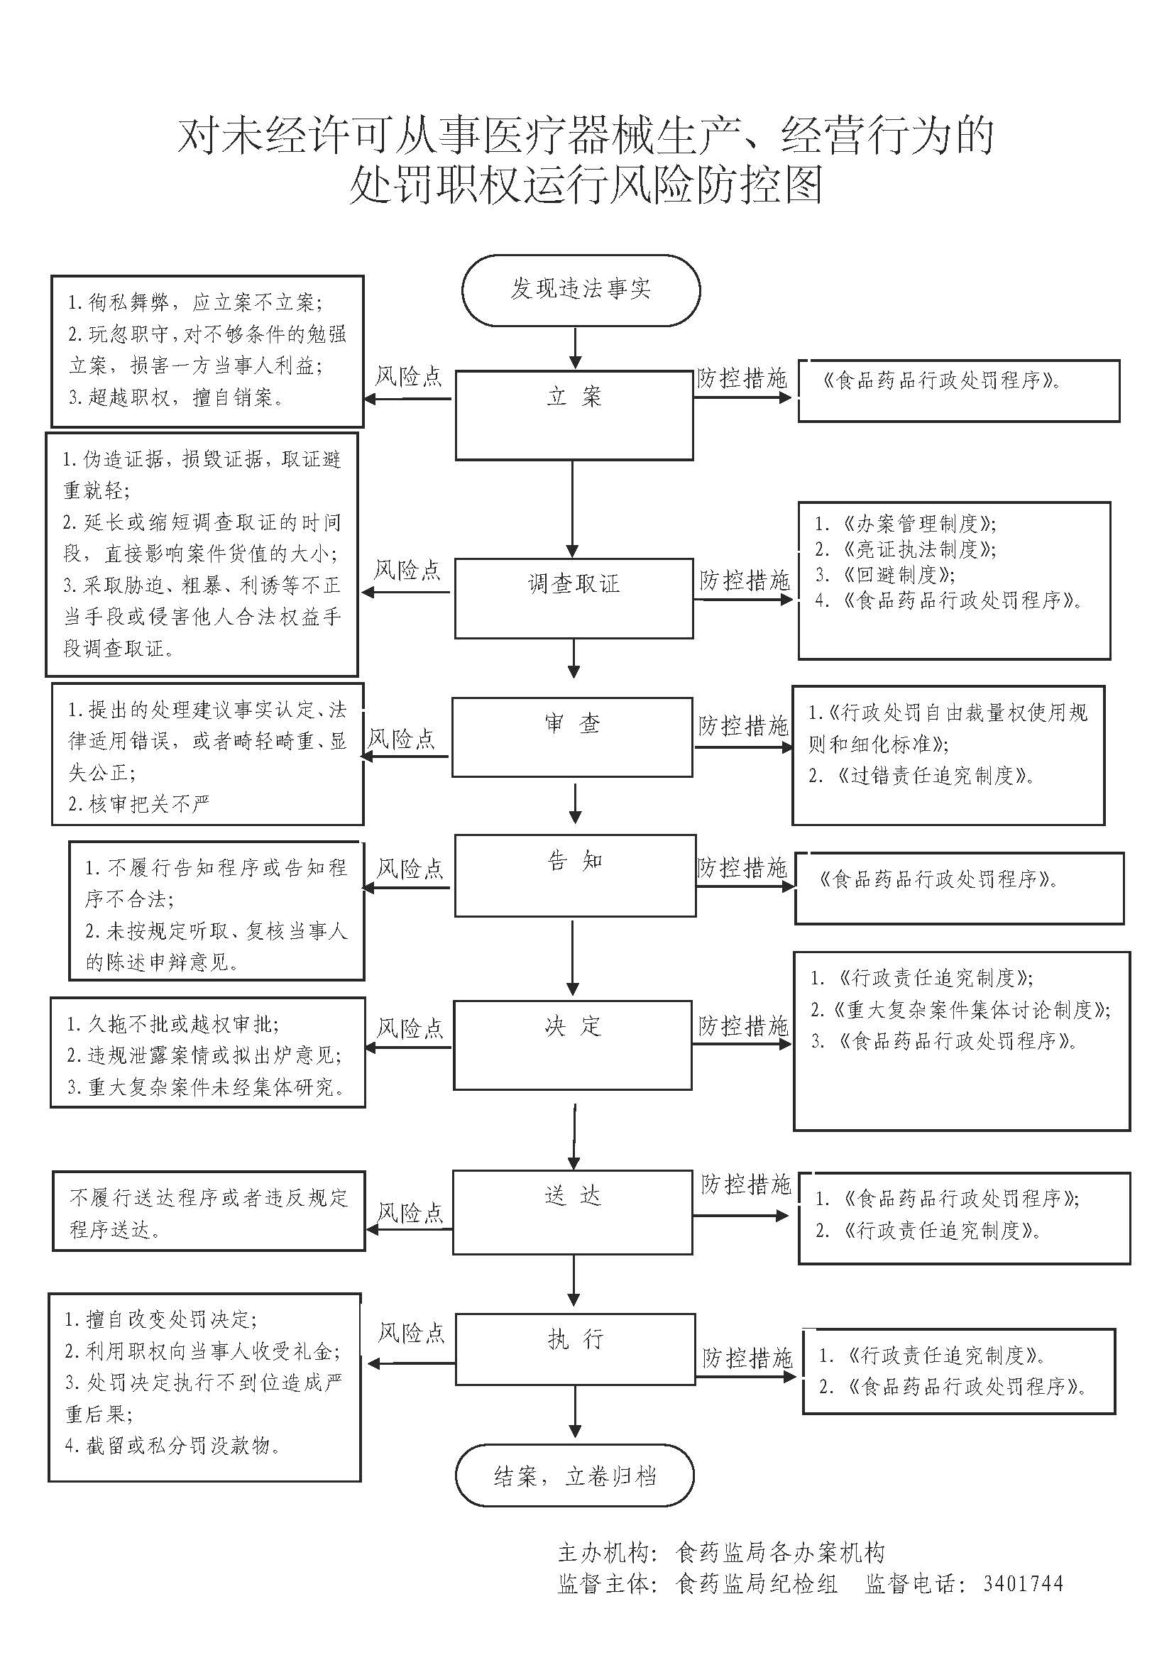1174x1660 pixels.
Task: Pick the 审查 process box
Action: [x=573, y=737]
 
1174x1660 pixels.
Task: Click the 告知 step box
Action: [x=576, y=875]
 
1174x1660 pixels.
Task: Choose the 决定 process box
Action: [x=574, y=1045]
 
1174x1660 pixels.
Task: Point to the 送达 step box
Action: [x=574, y=1212]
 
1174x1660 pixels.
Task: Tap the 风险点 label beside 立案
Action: [x=408, y=377]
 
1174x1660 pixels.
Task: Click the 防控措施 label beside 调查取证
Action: [x=745, y=580]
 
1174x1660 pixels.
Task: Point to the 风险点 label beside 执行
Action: [x=412, y=1334]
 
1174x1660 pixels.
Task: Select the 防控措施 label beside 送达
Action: [x=746, y=1184]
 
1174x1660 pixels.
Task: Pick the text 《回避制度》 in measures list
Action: [x=897, y=574]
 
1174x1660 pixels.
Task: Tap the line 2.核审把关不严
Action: [x=139, y=803]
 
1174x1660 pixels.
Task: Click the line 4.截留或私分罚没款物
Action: [x=172, y=1445]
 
